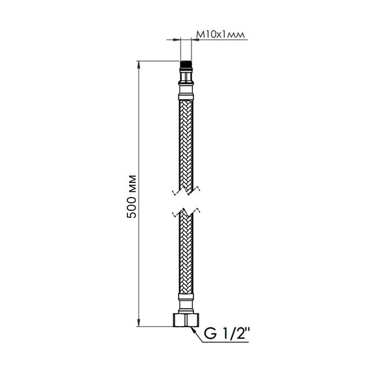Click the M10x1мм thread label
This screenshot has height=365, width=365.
pyautogui.click(x=220, y=35)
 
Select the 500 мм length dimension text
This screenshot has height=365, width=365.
pyautogui.click(x=132, y=196)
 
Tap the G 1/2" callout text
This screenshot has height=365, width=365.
pyautogui.click(x=227, y=334)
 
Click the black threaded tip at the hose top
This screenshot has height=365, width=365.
pyautogui.click(x=186, y=64)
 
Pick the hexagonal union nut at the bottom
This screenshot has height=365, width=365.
pyautogui.click(x=186, y=320)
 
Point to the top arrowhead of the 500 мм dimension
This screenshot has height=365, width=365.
pyautogui.click(x=138, y=64)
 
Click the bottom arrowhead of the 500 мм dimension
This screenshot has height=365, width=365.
pyautogui.click(x=138, y=323)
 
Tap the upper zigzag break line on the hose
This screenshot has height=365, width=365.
pyautogui.click(x=186, y=191)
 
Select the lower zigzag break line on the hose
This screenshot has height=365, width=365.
pyautogui.click(x=186, y=213)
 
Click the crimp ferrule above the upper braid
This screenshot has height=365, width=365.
pyautogui.click(x=186, y=97)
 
